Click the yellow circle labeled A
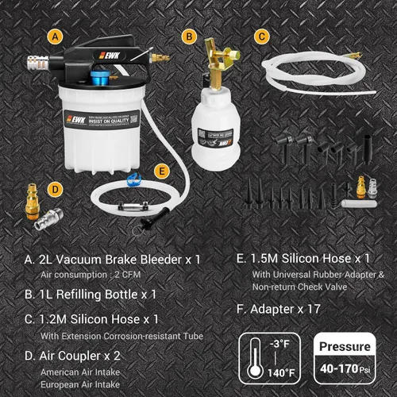pyautogui.click(x=54, y=37)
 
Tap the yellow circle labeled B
pyautogui.click(x=188, y=37)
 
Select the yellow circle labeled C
pyautogui.click(x=261, y=37)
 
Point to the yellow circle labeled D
pyautogui.click(x=54, y=189)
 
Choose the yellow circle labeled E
pyautogui.click(x=162, y=170)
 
